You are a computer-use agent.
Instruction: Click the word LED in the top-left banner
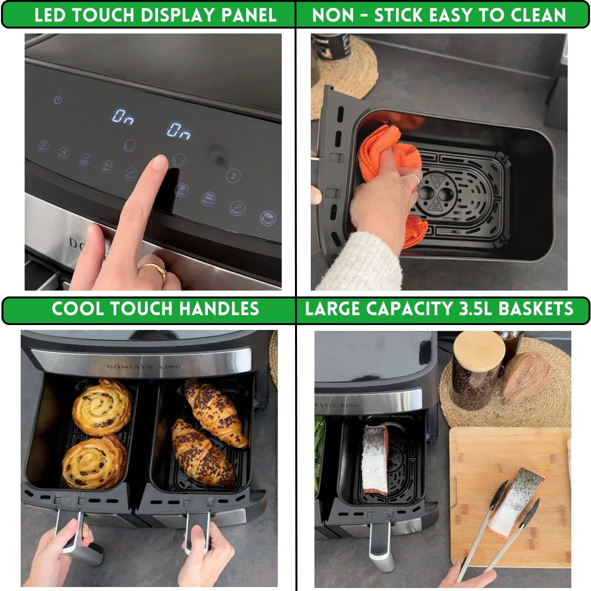pyautogui.click(x=50, y=15)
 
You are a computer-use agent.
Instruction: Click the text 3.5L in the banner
pyautogui.click(x=476, y=309)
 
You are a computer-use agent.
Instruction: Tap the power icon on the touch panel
pyautogui.click(x=58, y=100)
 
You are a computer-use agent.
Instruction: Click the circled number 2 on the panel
pyautogui.click(x=233, y=176)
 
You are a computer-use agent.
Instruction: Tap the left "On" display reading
pyautogui.click(x=123, y=117)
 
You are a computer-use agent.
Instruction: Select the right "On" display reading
pyautogui.click(x=178, y=131)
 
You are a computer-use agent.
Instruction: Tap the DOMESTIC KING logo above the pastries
pyautogui.click(x=143, y=366)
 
